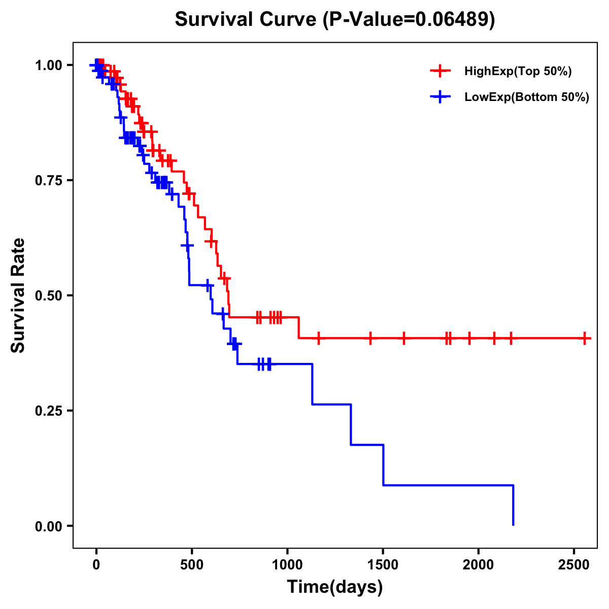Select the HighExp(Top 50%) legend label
(x=518, y=72)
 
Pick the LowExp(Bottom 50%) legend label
(x=526, y=97)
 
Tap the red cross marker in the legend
(x=441, y=72)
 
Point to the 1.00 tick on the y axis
(x=48, y=65)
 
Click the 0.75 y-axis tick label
(x=48, y=181)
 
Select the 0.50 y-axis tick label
(x=48, y=296)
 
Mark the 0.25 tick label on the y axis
(x=48, y=411)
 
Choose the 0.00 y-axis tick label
(x=48, y=526)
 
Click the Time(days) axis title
(x=335, y=587)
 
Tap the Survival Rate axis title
(x=18, y=295)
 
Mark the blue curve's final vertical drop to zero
(x=513, y=505)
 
